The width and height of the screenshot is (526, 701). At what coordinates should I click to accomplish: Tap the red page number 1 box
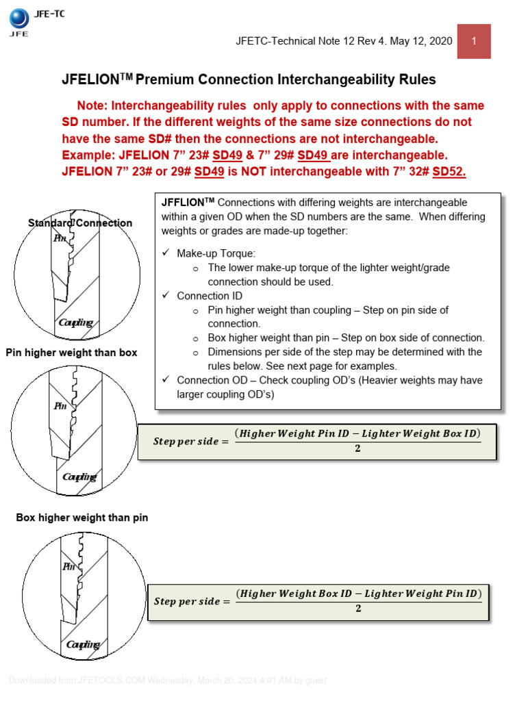473,41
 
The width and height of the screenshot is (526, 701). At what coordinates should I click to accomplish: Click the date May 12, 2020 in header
420,41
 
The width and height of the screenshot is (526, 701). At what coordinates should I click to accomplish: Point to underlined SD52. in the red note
449,172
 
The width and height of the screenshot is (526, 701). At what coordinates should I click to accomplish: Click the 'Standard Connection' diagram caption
80,222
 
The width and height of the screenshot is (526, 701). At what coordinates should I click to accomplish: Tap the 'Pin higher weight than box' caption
72,353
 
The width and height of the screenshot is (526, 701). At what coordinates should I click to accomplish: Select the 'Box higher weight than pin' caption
82,518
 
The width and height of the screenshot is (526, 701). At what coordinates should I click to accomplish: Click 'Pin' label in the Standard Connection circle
60,239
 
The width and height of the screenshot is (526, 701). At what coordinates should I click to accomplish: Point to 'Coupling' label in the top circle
76,322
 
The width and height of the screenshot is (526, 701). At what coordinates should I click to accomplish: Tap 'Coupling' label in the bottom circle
83,644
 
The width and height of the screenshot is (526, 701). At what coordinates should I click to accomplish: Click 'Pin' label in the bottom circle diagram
68,566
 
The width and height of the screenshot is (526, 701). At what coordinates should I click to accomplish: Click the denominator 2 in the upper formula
357,449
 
